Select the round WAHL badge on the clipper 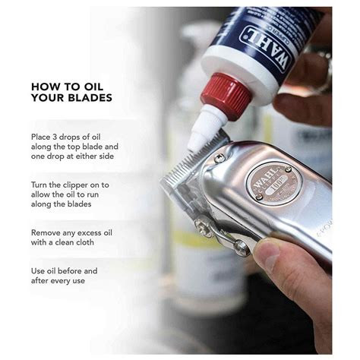[x=274, y=183]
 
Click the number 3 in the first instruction [x=55, y=137]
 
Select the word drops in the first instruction [x=70, y=137]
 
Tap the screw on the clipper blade [x=219, y=159]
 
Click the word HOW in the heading [x=40, y=87]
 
